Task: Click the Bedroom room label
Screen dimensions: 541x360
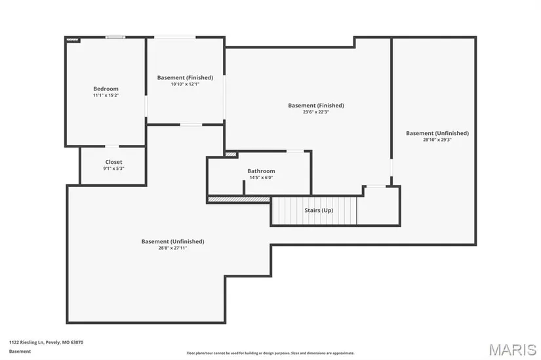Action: click(106, 89)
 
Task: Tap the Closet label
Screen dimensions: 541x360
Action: click(114, 162)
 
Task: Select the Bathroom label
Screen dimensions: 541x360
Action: click(261, 171)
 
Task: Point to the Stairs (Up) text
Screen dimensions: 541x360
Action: click(319, 210)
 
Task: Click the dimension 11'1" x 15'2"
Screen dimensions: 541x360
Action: click(106, 95)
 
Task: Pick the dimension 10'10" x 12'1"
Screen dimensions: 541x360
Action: click(186, 84)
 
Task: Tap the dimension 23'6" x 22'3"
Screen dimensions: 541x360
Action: click(316, 112)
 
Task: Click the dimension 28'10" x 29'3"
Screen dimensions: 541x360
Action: click(437, 140)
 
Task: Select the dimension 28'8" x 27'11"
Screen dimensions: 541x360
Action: click(173, 248)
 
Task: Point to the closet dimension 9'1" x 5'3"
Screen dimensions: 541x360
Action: click(114, 169)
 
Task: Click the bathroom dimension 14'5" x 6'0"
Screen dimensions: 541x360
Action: click(261, 178)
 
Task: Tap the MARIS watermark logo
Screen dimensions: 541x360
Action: click(513, 350)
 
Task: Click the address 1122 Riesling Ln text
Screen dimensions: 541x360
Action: click(27, 342)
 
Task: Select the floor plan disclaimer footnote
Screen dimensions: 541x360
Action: click(270, 353)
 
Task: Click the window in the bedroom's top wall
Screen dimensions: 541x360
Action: click(115, 37)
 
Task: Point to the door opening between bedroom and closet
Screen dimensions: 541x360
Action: click(111, 146)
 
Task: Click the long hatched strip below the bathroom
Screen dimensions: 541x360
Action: click(239, 199)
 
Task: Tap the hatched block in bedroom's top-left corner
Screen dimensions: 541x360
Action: click(72, 40)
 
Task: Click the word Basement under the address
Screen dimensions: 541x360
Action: click(20, 351)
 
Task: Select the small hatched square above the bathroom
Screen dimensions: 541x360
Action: click(231, 154)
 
